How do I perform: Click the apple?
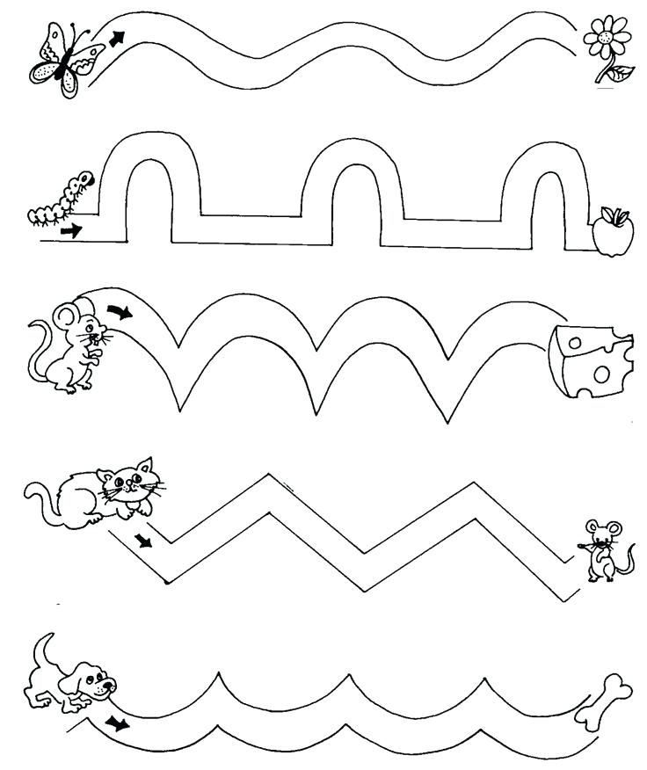point(607,234)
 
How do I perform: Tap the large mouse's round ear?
point(67,315)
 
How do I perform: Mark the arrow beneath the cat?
point(143,538)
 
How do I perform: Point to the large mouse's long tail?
point(37,352)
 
